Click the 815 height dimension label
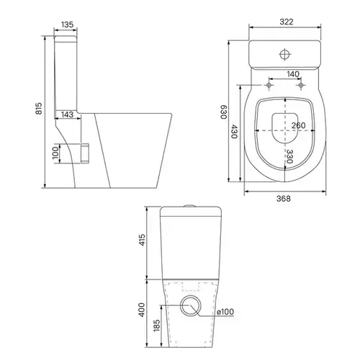[x=39, y=109]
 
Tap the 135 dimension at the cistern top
[x=67, y=24]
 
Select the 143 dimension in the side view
[x=67, y=114]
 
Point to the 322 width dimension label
[x=287, y=22]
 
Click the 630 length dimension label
[x=224, y=112]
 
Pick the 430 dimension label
[x=234, y=132]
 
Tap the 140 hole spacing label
[x=293, y=74]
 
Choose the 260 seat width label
[x=299, y=125]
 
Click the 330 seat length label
[x=289, y=156]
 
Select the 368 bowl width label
[x=284, y=199]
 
